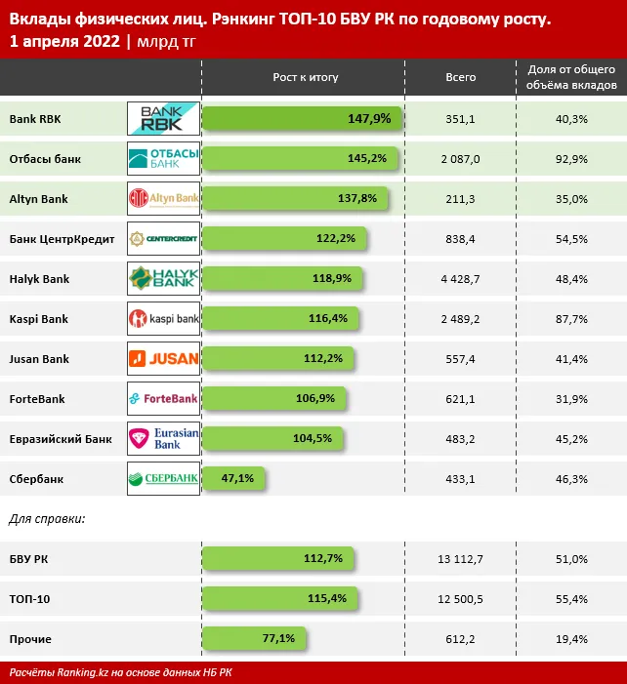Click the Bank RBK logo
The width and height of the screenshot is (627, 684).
[x=163, y=119]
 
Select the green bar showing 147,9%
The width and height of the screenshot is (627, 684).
[x=302, y=119]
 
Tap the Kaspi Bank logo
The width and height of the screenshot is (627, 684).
[x=163, y=319]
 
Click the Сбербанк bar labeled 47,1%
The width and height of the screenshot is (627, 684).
[x=233, y=479]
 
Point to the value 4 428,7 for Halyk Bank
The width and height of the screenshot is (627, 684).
[x=460, y=279]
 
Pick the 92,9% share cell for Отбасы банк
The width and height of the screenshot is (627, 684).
[x=570, y=159]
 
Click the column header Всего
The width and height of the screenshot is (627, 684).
[x=460, y=76]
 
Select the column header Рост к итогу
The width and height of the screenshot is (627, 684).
[x=302, y=76]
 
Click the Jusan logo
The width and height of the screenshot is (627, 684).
[x=163, y=359]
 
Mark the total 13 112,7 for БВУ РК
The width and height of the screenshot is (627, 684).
[x=460, y=559]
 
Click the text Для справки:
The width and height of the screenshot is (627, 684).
[x=47, y=518]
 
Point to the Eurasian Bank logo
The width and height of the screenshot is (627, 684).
[x=163, y=439]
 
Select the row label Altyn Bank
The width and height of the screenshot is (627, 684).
[x=38, y=199]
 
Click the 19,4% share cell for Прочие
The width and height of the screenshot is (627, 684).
[x=570, y=639]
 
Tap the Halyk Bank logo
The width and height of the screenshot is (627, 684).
[x=163, y=279]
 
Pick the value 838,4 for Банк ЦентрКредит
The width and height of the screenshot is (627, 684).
[x=460, y=239]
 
